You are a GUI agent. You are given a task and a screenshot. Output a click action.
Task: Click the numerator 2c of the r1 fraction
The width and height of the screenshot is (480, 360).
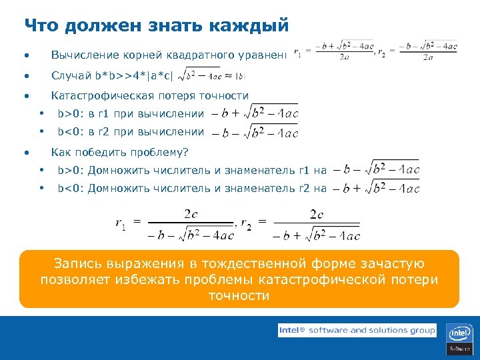[x=191, y=214]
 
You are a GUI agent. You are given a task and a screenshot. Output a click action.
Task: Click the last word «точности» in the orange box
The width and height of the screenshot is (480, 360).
[x=239, y=295]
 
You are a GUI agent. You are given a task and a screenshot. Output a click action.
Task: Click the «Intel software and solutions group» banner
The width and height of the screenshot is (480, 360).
[x=357, y=330]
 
